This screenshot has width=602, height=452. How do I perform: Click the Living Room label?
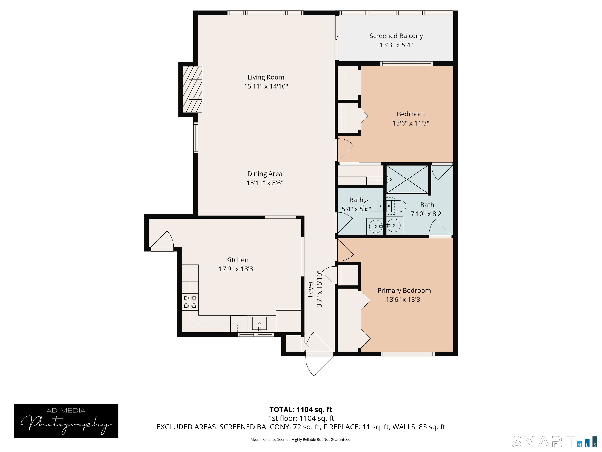266,77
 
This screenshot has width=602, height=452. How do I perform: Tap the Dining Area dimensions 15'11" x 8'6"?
265,183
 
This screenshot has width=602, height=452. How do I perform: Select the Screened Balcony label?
396,36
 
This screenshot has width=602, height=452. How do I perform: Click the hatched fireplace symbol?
192,89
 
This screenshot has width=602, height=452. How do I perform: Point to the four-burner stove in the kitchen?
190,302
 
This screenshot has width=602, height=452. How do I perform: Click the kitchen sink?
259,323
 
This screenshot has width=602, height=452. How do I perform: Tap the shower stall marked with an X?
407,179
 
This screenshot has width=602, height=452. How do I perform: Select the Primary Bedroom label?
404,290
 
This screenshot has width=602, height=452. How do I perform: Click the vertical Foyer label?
310,289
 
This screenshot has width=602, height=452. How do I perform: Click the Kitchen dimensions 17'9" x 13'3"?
237,269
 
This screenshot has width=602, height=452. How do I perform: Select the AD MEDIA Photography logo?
66,421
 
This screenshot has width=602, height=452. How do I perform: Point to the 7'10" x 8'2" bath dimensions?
427,214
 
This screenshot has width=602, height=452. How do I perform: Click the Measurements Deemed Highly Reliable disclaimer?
301,439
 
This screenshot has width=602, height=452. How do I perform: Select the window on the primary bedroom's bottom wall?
407,354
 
